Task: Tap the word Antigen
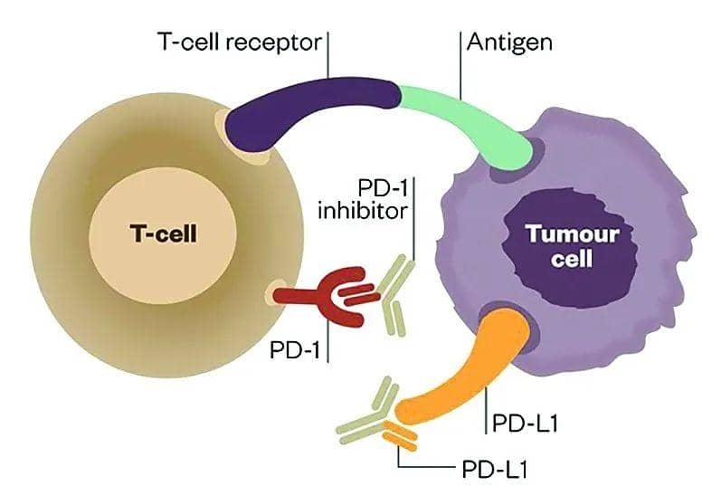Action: point(508,42)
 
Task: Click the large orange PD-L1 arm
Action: point(461,371)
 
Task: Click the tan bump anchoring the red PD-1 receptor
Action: point(279,294)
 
